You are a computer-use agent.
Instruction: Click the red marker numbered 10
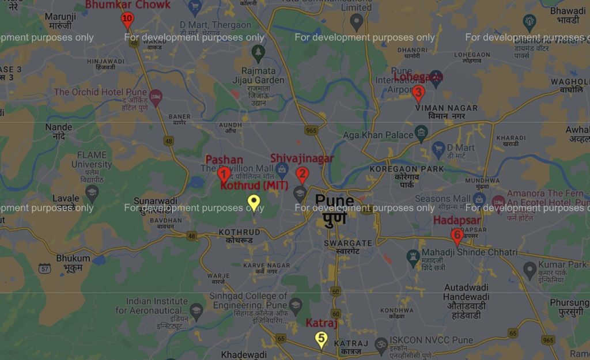[127, 20]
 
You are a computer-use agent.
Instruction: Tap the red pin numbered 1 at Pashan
[224, 173]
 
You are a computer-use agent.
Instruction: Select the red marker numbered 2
[302, 173]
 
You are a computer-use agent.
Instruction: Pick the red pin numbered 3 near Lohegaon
[418, 92]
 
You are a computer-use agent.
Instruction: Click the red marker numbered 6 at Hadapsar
[457, 236]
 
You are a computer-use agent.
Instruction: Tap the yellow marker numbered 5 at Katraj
[322, 339]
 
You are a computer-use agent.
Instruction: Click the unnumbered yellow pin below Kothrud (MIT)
[254, 203]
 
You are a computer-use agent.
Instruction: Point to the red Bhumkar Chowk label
[127, 5]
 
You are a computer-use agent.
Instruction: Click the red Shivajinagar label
[302, 158]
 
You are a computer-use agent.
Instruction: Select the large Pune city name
[334, 201]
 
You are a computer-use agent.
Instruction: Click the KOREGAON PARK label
[407, 169]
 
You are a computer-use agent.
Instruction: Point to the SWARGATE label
[342, 243]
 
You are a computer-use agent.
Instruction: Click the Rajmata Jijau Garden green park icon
[258, 52]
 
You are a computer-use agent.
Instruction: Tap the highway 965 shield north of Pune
[312, 131]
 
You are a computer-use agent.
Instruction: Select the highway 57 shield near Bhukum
[44, 268]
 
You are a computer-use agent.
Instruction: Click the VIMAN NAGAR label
[446, 108]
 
